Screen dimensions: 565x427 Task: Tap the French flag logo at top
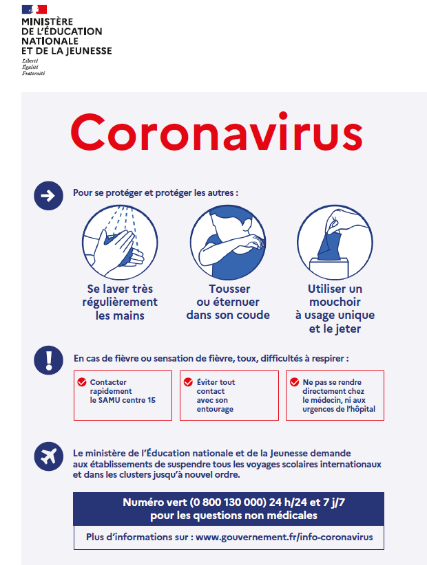[x=34, y=9]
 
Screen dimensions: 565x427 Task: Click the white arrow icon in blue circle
[x=48, y=196]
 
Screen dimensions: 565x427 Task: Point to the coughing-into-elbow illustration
[x=228, y=241]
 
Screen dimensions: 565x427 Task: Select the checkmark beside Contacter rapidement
[x=82, y=382]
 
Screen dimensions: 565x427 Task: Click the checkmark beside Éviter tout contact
[x=188, y=382]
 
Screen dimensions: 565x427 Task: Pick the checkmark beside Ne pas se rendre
[x=294, y=382]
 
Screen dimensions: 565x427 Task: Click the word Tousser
[x=229, y=289]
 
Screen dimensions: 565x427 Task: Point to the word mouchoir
[x=335, y=302]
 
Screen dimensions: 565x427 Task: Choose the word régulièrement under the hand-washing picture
[x=123, y=302]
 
